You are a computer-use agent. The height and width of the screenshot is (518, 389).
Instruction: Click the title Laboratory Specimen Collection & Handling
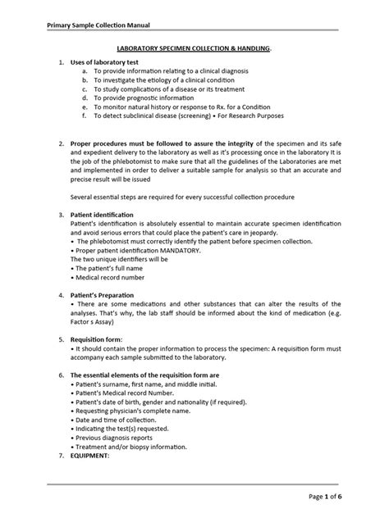click(204, 50)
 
